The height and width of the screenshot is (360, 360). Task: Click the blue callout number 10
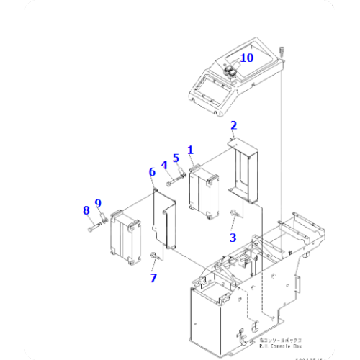[x=246, y=58]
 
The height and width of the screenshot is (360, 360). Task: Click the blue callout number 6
[x=152, y=172]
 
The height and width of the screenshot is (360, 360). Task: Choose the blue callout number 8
[x=86, y=210]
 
